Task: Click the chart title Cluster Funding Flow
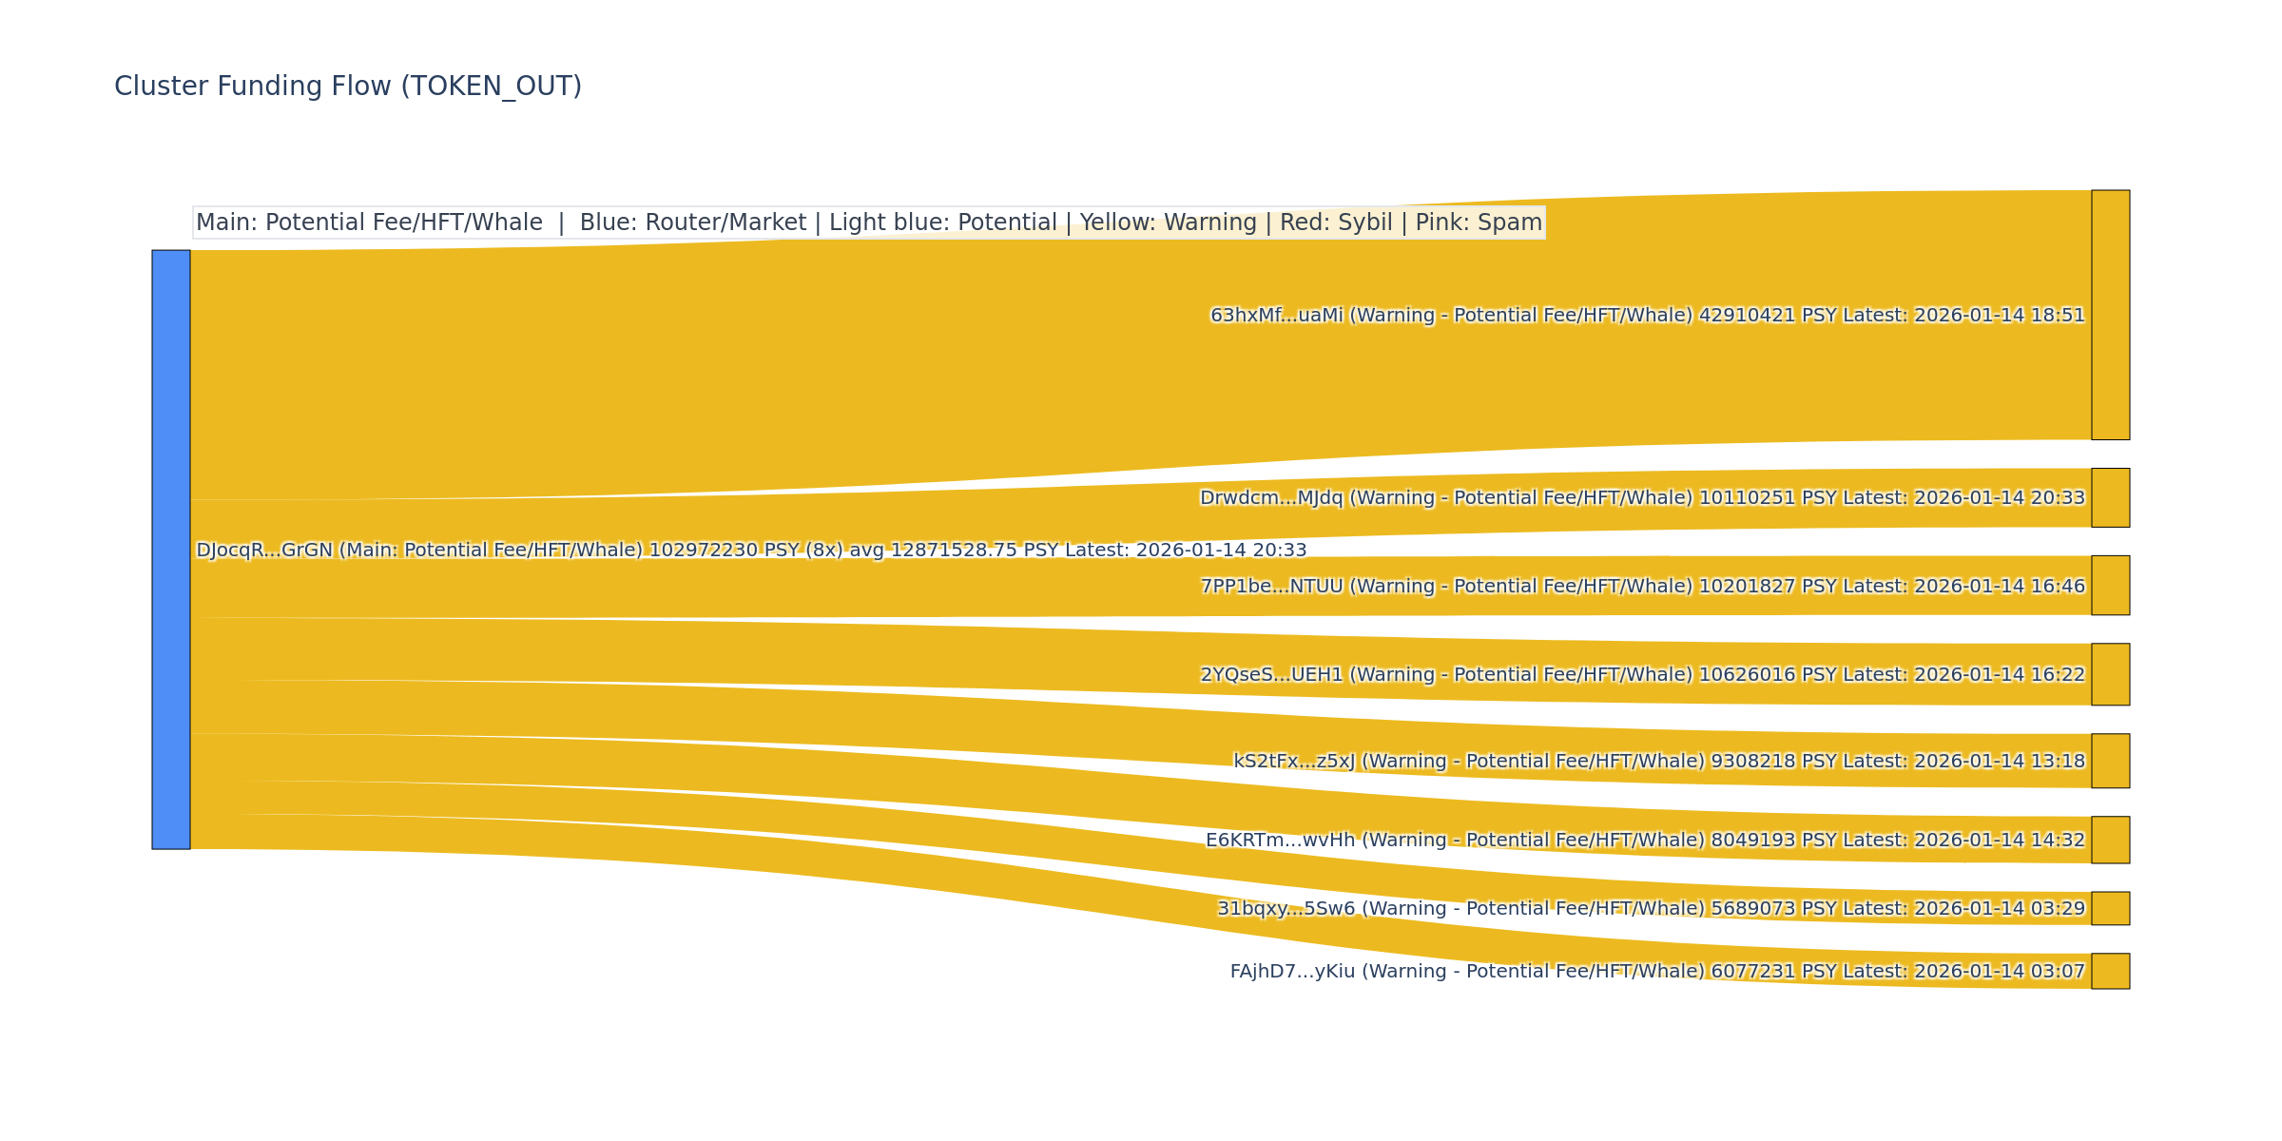click(347, 87)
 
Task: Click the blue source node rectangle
click(171, 550)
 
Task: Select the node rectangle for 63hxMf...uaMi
click(2110, 315)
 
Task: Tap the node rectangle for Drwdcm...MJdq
click(2110, 497)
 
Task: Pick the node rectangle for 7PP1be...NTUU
click(2110, 586)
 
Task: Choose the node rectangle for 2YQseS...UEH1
click(2110, 674)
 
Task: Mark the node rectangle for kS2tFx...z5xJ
click(2110, 761)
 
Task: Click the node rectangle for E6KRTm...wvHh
click(2110, 840)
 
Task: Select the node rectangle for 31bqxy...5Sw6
click(2110, 908)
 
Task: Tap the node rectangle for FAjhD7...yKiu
click(2110, 971)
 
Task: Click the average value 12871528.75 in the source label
click(945, 551)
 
